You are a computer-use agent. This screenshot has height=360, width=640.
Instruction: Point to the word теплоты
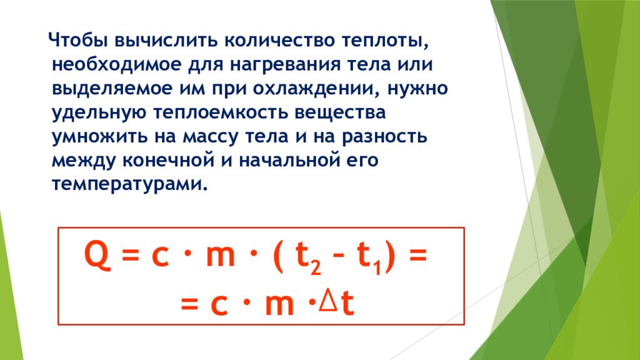(385, 41)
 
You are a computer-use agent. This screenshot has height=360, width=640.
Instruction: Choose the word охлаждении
(314, 89)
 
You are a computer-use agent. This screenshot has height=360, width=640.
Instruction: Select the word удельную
(99, 113)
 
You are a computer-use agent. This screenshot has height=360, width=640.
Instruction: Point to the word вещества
(340, 113)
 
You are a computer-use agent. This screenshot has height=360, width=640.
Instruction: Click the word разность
(384, 137)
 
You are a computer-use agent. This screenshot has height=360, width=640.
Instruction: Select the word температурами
(130, 184)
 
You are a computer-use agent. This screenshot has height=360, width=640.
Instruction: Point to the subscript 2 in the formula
(315, 267)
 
